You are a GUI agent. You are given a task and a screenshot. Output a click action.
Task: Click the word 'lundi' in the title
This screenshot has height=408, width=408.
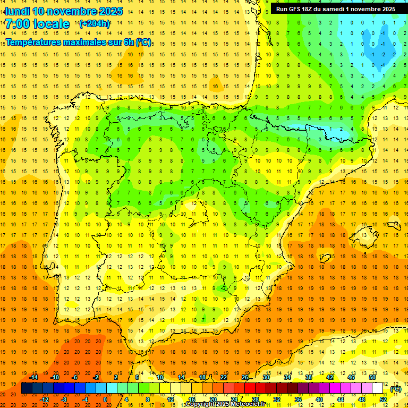pos(17,11)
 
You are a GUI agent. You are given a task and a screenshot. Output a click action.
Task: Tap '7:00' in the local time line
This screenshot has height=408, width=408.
pos(18,24)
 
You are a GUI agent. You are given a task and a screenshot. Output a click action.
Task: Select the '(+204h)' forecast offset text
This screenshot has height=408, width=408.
pos(95,24)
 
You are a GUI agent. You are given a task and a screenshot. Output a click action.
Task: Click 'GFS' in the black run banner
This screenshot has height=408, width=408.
pos(296,9)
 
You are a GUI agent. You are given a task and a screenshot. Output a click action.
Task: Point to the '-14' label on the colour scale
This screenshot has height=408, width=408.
pos(33,378)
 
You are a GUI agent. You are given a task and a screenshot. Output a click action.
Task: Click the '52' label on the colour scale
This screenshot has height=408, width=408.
pos(383,399)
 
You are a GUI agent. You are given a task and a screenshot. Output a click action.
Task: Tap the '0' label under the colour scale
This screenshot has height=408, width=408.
pos(105,399)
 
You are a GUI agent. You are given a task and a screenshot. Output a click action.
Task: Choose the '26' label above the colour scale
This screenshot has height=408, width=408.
pos(245,378)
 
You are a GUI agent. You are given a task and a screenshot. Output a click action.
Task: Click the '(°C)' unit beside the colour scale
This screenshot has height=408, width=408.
pos(395,389)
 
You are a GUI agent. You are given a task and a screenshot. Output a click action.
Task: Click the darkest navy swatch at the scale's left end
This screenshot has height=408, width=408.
pos(27,389)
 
